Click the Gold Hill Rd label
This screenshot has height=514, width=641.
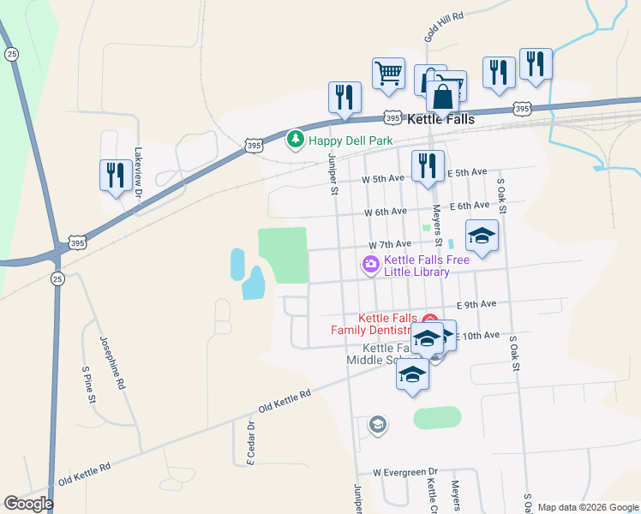(x=444, y=27)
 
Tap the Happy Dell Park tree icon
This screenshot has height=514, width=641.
(x=296, y=139)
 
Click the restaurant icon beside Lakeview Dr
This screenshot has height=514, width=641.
(x=114, y=176)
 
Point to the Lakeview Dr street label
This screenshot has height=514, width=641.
(x=137, y=172)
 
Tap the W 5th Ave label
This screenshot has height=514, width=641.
(x=382, y=179)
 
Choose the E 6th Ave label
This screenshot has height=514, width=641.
(x=469, y=206)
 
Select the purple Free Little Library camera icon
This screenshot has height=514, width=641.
(x=371, y=265)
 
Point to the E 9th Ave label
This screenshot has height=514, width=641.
(x=476, y=304)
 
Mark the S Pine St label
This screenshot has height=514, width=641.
(x=87, y=385)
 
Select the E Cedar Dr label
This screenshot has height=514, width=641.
(x=251, y=443)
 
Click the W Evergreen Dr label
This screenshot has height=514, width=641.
(x=405, y=472)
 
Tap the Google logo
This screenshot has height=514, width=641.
(x=28, y=504)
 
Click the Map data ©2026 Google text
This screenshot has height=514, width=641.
(x=587, y=506)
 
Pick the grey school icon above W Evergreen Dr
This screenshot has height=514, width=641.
(x=377, y=424)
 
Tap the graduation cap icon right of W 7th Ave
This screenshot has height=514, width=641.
(x=482, y=236)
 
